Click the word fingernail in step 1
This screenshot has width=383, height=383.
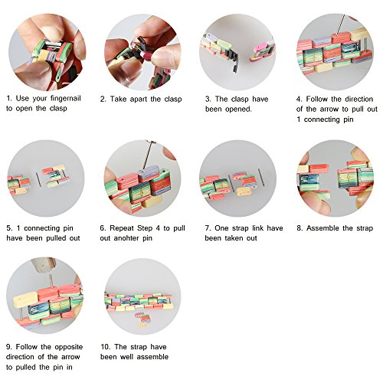coord(66,99)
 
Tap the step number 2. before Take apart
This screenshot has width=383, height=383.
coord(103,99)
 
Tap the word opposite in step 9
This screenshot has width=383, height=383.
coord(69,347)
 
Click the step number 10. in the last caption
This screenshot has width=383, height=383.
coord(105,347)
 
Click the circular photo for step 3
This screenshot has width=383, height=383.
coord(237,52)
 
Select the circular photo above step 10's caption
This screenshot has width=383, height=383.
coord(142,296)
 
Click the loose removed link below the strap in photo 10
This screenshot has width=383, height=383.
coord(141,319)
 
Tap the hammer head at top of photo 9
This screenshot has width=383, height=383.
coord(43,264)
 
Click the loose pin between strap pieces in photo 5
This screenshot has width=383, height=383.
coord(38,180)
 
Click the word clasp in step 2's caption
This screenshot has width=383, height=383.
coord(173,99)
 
